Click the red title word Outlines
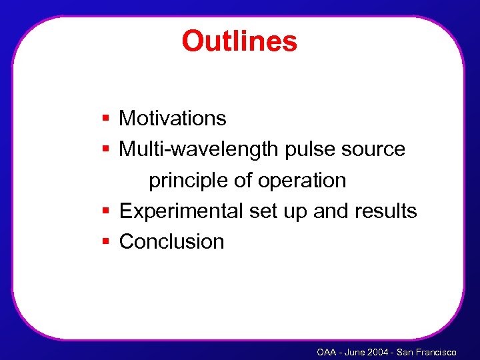point(239,41)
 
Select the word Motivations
point(173,119)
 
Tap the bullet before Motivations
point(106,119)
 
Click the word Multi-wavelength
point(199,149)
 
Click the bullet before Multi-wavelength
point(106,149)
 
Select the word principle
point(183,181)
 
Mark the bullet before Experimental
point(106,211)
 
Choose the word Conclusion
point(171,241)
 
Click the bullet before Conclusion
point(106,241)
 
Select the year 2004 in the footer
point(378,352)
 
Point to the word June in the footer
point(354,352)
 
